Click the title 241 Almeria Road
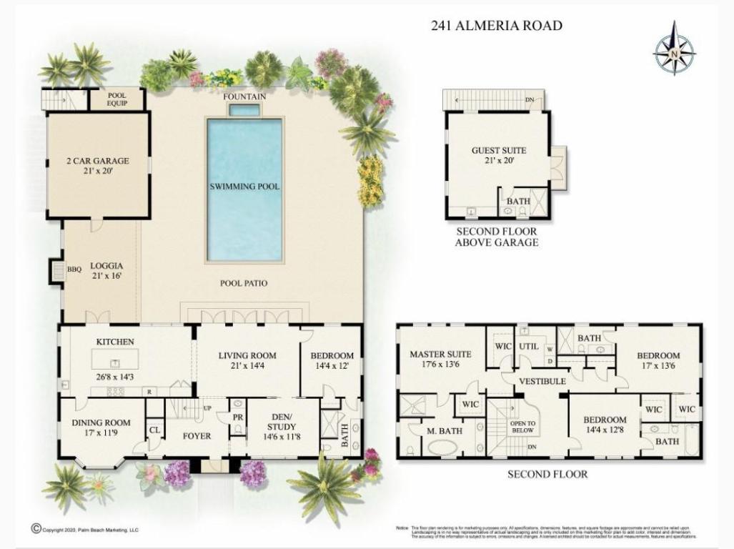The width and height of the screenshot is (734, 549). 496,26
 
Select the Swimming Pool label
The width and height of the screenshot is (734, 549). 244,187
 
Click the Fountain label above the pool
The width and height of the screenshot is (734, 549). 244,97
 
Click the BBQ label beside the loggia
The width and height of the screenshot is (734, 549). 74,269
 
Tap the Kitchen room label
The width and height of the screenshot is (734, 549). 115,342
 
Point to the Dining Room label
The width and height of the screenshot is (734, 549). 101,422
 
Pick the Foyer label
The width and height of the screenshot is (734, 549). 196,435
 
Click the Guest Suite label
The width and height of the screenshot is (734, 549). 498,151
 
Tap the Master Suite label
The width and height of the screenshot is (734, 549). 440,355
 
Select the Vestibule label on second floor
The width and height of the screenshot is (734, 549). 542,382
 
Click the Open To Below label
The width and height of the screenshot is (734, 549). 522,427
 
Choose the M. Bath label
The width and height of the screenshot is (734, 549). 445,430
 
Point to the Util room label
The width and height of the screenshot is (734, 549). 528,346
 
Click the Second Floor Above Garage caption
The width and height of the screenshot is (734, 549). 496,237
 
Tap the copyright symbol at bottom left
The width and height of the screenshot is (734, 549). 36,529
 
